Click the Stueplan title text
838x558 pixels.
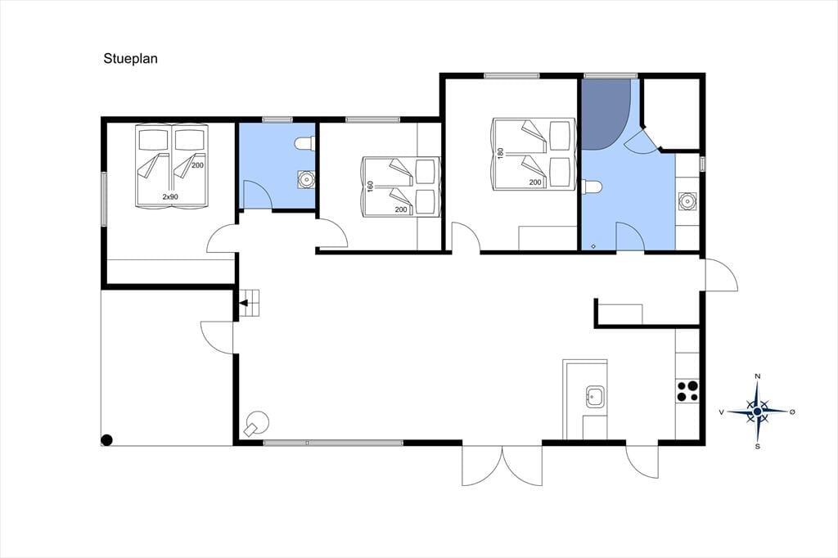(x=130, y=59)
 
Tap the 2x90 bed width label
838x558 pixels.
(x=170, y=196)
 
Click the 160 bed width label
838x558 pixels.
(x=371, y=187)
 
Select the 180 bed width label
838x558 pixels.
(x=501, y=153)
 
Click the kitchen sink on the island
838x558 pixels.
(x=596, y=397)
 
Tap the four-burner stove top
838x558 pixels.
(x=687, y=390)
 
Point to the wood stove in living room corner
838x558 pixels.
(x=257, y=423)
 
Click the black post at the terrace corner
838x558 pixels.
(x=107, y=440)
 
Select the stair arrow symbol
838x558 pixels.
(x=244, y=303)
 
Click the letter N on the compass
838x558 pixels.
(x=757, y=376)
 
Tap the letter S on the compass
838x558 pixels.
(x=757, y=447)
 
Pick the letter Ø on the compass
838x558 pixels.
(x=792, y=412)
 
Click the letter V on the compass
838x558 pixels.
(x=722, y=412)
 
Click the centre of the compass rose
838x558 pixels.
(x=757, y=412)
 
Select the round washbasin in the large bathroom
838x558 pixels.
(x=687, y=201)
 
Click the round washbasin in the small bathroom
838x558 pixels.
(x=306, y=178)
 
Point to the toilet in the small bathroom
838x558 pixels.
(x=304, y=143)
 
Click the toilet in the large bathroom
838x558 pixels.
(x=592, y=187)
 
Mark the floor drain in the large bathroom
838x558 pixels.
(x=593, y=246)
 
